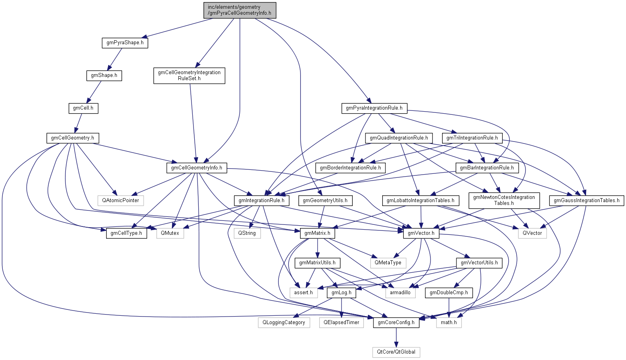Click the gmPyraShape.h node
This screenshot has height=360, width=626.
[x=125, y=43]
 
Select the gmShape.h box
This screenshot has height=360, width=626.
[x=104, y=75]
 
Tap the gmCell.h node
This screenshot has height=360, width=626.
[x=83, y=108]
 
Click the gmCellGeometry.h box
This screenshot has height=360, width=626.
[x=73, y=138]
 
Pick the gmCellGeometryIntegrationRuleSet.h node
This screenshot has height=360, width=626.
[x=189, y=75]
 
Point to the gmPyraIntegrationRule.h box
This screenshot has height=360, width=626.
[x=374, y=108]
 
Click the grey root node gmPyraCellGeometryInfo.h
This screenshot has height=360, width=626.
[x=239, y=10]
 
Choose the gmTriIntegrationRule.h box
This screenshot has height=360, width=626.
[x=472, y=138]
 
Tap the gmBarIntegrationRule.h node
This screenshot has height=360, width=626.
[x=487, y=168]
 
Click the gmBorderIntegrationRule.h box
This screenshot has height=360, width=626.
[x=350, y=168]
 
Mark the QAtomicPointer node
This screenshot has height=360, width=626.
[x=120, y=201]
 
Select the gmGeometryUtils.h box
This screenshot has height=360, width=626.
[x=325, y=201]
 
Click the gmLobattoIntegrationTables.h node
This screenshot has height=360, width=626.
[x=420, y=201]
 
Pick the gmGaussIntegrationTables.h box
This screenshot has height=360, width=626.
[x=587, y=201]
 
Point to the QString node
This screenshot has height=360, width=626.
[x=247, y=233]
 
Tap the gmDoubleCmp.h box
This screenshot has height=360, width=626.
[x=448, y=293]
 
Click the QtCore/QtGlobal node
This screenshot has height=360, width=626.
[x=396, y=352]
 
